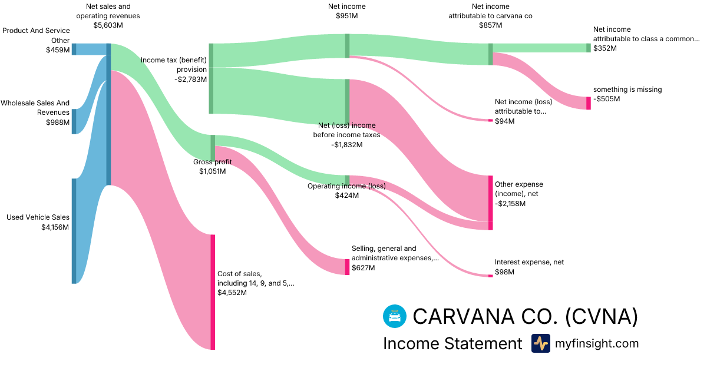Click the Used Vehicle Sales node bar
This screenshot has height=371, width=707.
74,231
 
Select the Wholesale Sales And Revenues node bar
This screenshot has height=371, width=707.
74,121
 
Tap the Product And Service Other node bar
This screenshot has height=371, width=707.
74,49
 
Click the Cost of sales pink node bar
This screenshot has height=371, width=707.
213,291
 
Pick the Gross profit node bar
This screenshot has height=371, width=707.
213,148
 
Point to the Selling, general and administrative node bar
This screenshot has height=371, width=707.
348,267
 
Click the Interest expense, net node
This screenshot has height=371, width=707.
490,276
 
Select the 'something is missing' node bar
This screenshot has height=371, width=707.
588,103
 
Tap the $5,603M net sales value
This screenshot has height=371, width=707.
108,25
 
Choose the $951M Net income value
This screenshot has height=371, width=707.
347,16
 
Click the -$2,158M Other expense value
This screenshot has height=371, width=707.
510,204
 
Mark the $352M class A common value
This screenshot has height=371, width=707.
605,48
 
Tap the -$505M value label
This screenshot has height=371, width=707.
607,99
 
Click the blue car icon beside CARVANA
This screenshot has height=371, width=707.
394,316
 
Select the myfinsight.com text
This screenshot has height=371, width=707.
596,343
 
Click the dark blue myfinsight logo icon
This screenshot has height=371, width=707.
540,343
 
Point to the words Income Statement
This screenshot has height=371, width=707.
452,343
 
